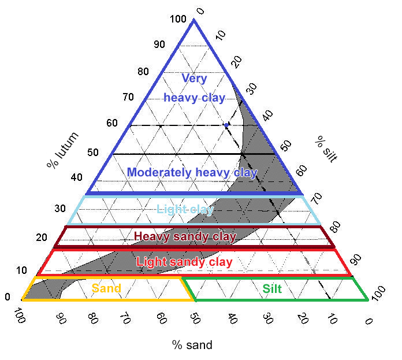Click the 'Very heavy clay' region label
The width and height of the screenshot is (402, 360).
[193, 88]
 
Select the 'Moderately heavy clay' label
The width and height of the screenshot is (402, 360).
[192, 172]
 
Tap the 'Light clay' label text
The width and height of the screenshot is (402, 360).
[185, 209]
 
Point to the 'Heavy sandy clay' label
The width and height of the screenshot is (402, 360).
[185, 237]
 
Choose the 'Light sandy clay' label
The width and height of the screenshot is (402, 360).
[184, 262]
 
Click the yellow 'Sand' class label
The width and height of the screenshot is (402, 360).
[106, 288]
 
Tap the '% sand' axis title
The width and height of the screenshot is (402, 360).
[192, 346]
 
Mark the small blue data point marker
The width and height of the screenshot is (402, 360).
[226, 125]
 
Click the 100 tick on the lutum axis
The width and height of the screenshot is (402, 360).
[178, 20]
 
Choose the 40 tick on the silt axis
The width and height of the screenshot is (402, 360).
[267, 115]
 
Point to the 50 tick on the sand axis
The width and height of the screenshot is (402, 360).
[195, 319]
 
